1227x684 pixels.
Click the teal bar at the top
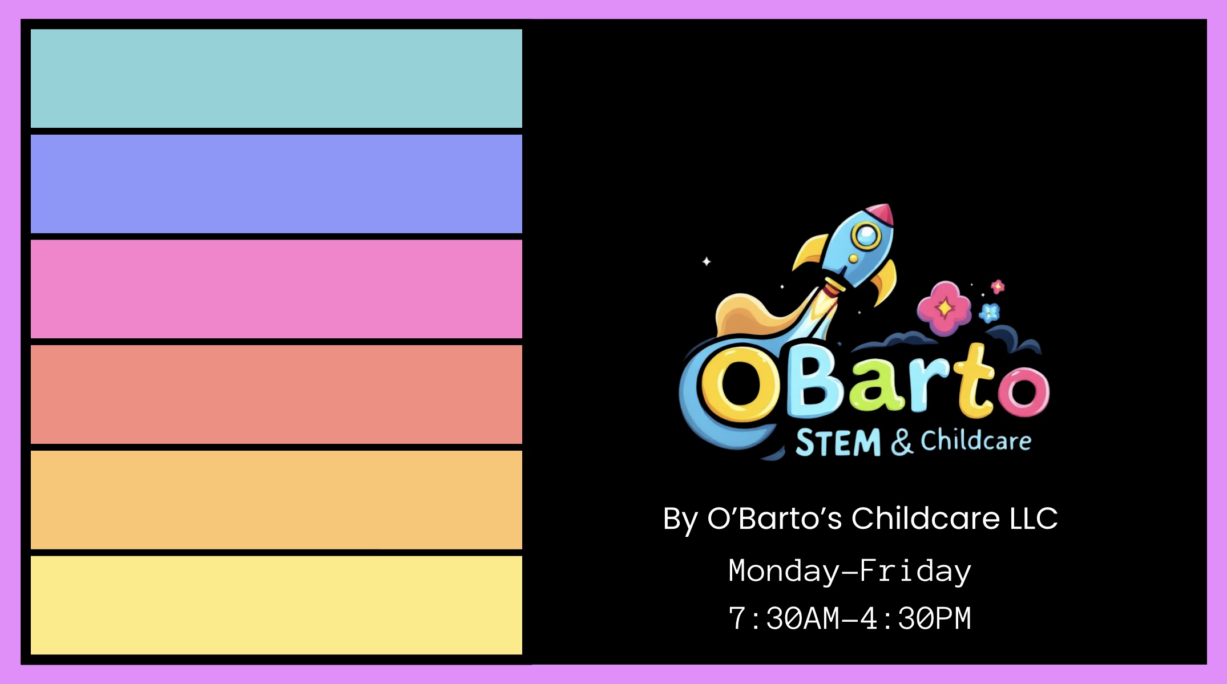click(x=276, y=79)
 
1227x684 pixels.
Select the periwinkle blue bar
click(x=276, y=184)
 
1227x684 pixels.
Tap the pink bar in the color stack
click(x=276, y=289)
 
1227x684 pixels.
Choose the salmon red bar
click(x=276, y=394)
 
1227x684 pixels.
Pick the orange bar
click(x=276, y=500)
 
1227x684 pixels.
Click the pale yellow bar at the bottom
click(x=276, y=605)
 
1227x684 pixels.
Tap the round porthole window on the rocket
click(x=866, y=235)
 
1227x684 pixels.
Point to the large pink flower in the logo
click(x=944, y=308)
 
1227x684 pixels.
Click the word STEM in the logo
click(x=838, y=443)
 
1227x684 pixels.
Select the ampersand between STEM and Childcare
click(x=902, y=442)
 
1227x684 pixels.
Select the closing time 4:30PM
click(x=915, y=618)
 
